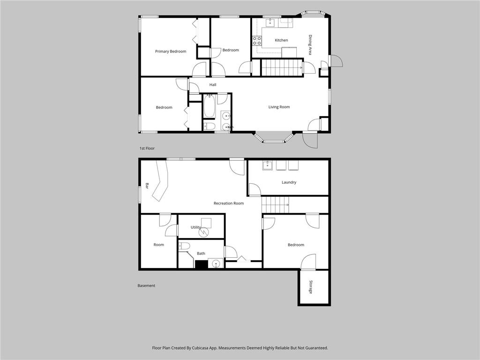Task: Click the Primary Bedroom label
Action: pyautogui.click(x=171, y=52)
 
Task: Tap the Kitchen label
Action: pyautogui.click(x=281, y=40)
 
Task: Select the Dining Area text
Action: pyautogui.click(x=310, y=45)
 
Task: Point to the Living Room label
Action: pyautogui.click(x=279, y=107)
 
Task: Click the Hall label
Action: pyautogui.click(x=213, y=85)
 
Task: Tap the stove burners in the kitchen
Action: pyautogui.click(x=257, y=41)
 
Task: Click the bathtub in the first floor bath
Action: pyautogui.click(x=210, y=106)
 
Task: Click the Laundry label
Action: pyautogui.click(x=289, y=182)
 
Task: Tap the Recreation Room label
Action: pyautogui.click(x=229, y=203)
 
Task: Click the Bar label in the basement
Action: pyautogui.click(x=147, y=186)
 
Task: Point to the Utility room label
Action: pyautogui.click(x=195, y=227)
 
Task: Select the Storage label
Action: pyautogui.click(x=310, y=287)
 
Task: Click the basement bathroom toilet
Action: pyautogui.click(x=184, y=246)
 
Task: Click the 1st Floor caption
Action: pyautogui.click(x=147, y=149)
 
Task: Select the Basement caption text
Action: pyautogui.click(x=146, y=285)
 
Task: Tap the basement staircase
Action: pyautogui.click(x=275, y=205)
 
